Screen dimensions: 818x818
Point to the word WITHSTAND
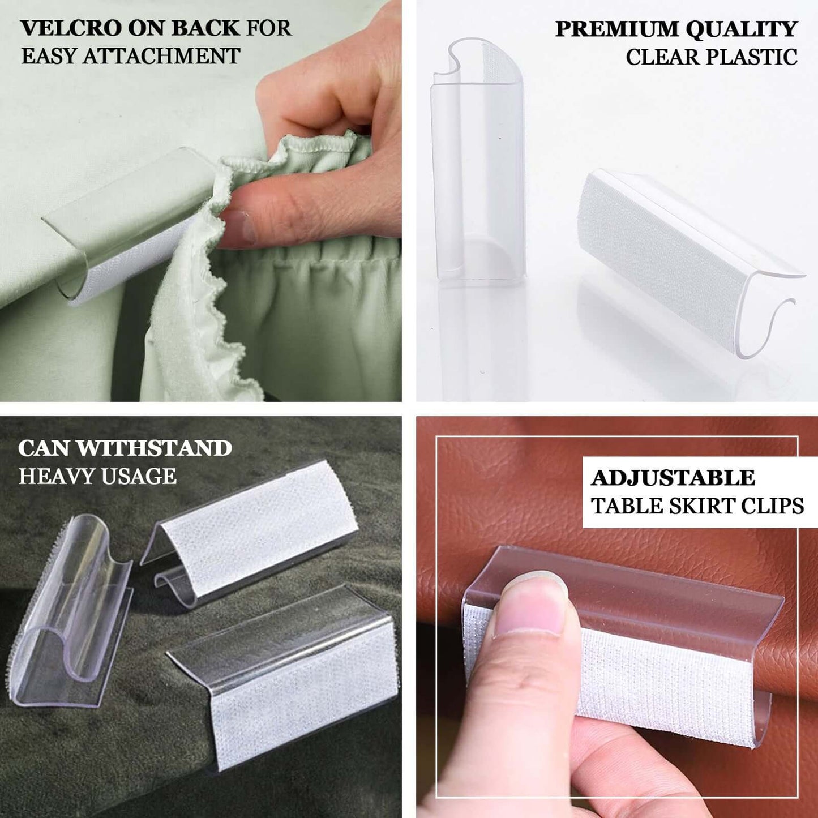[155, 448]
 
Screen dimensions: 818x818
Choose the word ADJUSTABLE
[673, 478]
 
